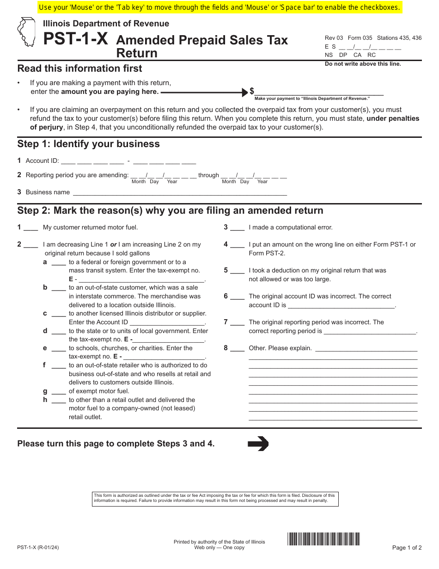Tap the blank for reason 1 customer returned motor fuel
[30, 228]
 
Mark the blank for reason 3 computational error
[237, 228]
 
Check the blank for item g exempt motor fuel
[59, 391]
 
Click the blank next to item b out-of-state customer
[59, 288]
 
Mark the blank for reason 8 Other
[237, 348]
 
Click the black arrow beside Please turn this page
[258, 444]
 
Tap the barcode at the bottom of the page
[323, 539]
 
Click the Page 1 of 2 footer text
[407, 548]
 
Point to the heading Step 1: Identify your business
[88, 144]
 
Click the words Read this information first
[79, 68]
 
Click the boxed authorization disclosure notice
[215, 498]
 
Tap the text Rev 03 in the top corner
[334, 38]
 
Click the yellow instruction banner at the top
[219, 7]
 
